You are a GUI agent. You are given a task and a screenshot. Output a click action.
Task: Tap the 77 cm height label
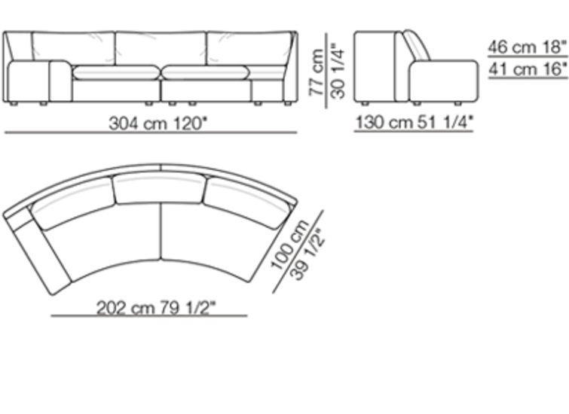317,72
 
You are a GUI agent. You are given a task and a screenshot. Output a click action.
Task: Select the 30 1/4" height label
338,72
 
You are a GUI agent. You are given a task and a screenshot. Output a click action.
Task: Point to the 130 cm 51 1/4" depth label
415,122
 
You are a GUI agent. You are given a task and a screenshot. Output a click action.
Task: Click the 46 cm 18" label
528,47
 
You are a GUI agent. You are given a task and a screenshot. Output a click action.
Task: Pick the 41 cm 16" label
528,69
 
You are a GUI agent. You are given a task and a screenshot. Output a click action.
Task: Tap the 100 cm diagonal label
290,245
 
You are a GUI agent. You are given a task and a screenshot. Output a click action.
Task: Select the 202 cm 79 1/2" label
156,308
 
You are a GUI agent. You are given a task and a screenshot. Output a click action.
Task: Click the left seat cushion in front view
115,72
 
